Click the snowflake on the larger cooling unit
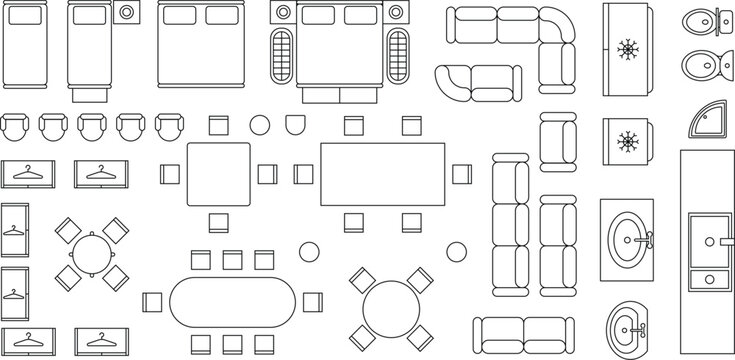pos(628,48)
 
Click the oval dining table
pos(234,299)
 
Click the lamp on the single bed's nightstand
pos(127,13)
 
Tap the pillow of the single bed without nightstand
pos(23,14)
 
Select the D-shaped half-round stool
pos(296,125)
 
